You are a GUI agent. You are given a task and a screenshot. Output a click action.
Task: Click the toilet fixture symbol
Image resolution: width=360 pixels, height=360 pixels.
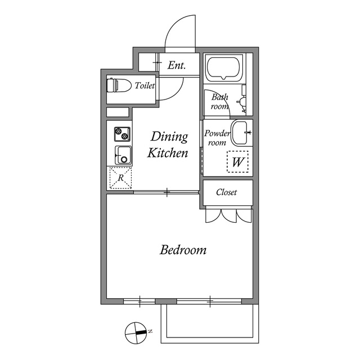[119, 85]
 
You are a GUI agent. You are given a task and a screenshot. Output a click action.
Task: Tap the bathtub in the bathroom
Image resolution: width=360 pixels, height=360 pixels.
[224, 68]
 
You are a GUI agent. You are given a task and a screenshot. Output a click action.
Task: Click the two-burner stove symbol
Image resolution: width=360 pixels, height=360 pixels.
[122, 134]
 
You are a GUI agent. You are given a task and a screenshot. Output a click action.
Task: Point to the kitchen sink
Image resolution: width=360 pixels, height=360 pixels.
[123, 155]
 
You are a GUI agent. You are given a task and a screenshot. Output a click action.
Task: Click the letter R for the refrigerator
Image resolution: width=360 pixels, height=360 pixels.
[121, 178]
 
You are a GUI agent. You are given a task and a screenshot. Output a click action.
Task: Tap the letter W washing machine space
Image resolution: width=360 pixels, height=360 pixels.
[237, 161]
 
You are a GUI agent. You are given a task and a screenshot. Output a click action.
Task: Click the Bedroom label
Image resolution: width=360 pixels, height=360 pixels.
[183, 250]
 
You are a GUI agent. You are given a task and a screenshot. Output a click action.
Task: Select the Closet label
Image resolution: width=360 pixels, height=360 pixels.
[226, 192]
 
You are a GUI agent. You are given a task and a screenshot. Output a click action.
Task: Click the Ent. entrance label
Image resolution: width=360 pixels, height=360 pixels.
[177, 65]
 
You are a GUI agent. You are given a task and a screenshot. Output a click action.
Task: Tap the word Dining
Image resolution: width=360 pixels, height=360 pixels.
[169, 137]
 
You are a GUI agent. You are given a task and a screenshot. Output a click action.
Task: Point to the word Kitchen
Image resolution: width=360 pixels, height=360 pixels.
[168, 152]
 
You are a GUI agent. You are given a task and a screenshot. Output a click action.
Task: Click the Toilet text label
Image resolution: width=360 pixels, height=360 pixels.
[145, 85]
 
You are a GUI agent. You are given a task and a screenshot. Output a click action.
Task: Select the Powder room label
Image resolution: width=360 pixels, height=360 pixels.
[217, 138]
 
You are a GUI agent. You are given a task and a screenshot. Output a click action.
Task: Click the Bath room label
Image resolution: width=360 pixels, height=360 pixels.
[220, 102]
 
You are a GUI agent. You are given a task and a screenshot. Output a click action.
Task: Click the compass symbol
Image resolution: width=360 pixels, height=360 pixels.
[136, 332]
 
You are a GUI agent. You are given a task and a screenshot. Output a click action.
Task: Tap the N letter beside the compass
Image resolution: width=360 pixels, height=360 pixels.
[150, 331]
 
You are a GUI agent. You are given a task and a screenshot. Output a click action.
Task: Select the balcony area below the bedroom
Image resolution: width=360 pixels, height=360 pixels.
[210, 323]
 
